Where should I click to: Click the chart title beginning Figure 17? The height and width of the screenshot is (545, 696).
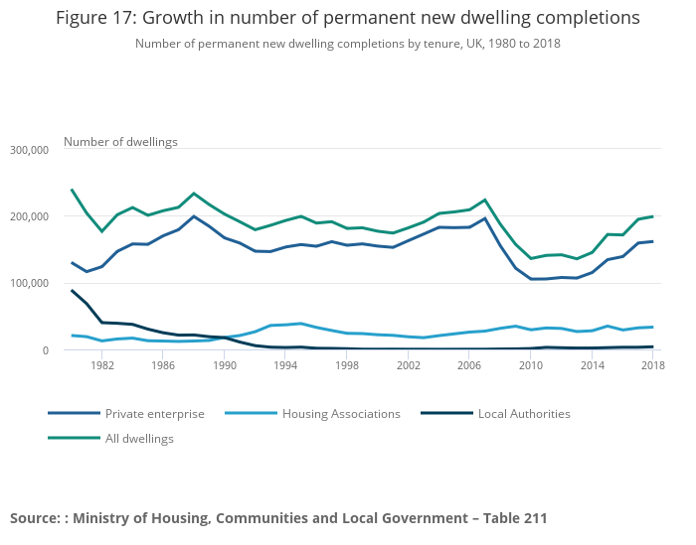(x=347, y=18)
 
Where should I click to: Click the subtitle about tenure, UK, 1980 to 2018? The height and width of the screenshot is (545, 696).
(x=347, y=44)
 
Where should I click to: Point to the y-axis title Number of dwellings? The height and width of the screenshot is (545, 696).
(x=120, y=141)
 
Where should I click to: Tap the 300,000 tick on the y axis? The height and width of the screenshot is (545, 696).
(x=29, y=150)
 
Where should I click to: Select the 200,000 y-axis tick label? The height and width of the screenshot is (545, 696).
(x=29, y=216)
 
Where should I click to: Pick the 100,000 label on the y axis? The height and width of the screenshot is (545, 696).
(x=29, y=283)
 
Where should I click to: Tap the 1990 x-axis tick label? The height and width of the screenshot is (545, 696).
(x=225, y=365)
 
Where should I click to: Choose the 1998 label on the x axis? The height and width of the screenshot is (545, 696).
(x=347, y=365)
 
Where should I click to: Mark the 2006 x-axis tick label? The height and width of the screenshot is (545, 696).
(x=469, y=365)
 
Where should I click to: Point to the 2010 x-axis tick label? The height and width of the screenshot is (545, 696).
(x=531, y=365)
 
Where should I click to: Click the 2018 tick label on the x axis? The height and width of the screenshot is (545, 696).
(x=652, y=365)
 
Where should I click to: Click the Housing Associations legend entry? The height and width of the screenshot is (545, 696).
(x=341, y=413)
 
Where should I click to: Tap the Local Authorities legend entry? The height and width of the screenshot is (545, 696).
(x=524, y=413)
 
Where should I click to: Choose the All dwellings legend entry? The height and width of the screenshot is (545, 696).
(x=139, y=438)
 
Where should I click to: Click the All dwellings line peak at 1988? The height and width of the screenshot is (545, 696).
(x=194, y=194)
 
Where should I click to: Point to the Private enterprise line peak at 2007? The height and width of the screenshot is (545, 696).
(x=485, y=218)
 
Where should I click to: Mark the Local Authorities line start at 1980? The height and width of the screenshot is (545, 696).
(x=72, y=291)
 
